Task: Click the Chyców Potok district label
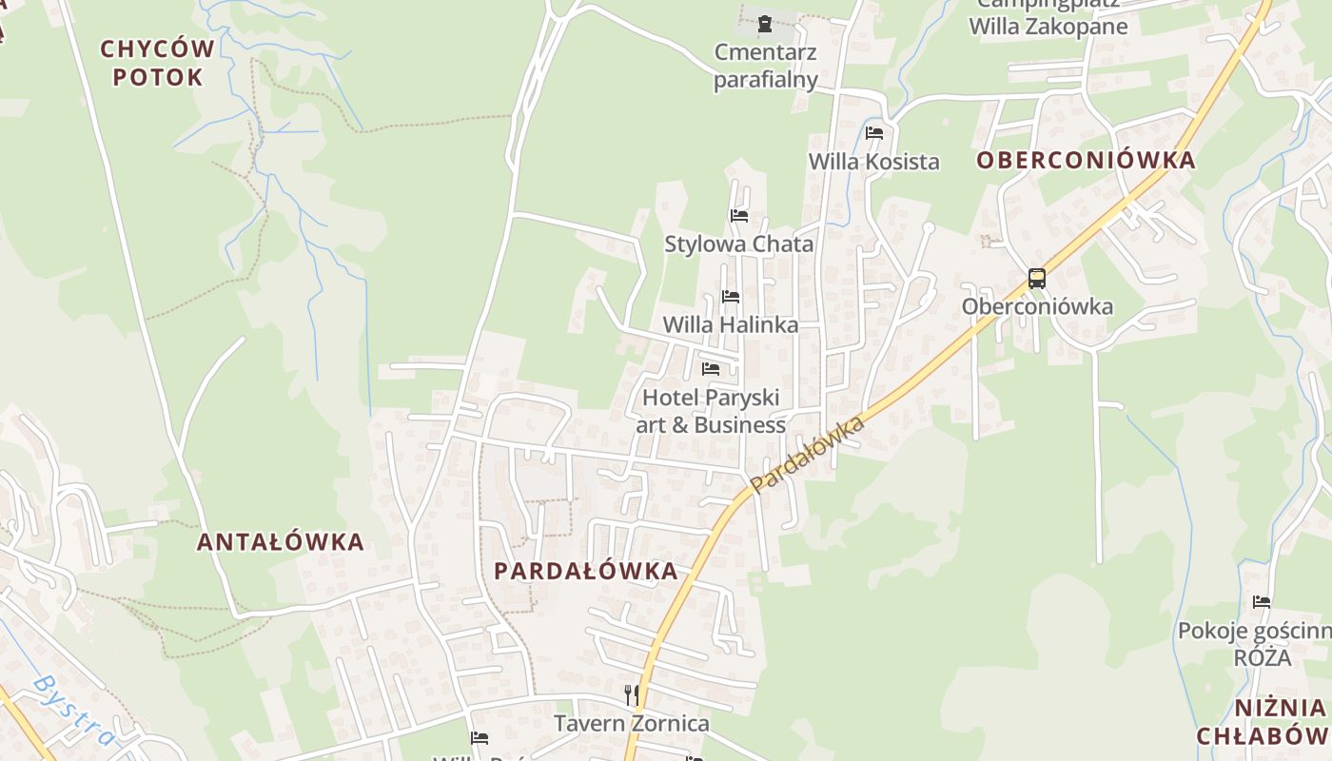tap(157, 63)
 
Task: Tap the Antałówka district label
tap(281, 542)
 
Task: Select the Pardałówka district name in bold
tap(586, 571)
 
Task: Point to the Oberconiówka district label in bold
tap(1086, 160)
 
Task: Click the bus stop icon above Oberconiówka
tap(1037, 279)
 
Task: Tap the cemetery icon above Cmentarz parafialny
tap(764, 23)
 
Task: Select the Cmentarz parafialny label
tap(766, 65)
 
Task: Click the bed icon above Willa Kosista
tap(874, 133)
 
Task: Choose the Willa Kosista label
tap(873, 162)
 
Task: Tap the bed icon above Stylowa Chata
tap(739, 216)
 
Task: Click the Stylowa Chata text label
tap(739, 244)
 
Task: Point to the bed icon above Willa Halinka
tap(731, 297)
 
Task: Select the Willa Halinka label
tap(731, 324)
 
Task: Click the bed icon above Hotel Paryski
tap(711, 369)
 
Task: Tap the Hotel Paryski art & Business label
tap(711, 411)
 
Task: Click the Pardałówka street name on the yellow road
tap(807, 454)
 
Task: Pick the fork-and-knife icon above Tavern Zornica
tap(631, 695)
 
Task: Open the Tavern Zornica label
tap(632, 724)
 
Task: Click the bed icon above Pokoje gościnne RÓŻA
tap(1262, 602)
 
